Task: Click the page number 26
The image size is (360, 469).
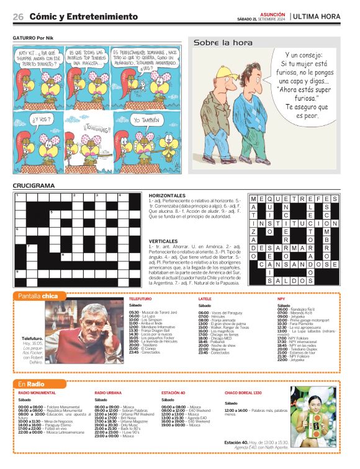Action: pyautogui.click(x=18, y=16)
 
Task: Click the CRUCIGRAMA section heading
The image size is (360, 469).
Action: pyautogui.click(x=34, y=185)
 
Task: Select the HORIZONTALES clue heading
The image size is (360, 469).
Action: pyautogui.click(x=167, y=195)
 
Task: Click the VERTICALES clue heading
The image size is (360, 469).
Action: pyautogui.click(x=163, y=241)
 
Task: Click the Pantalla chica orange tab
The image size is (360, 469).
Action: pyautogui.click(x=38, y=296)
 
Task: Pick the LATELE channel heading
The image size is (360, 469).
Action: pyautogui.click(x=205, y=299)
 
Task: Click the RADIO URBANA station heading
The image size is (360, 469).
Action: pyautogui.click(x=108, y=393)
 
